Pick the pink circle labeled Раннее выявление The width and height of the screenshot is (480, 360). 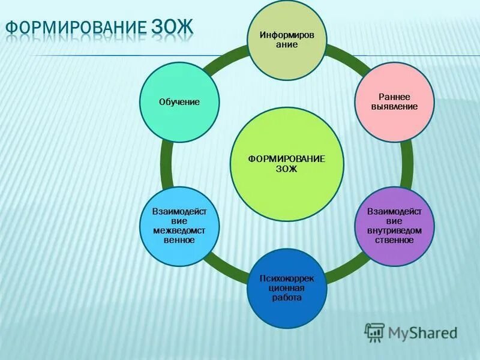point(394,102)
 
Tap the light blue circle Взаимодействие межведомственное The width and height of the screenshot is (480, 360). point(179,226)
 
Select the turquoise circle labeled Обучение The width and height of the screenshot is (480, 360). point(179,103)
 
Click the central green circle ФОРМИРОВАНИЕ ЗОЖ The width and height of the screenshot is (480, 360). point(286,164)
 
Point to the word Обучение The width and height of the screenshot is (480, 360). point(179,103)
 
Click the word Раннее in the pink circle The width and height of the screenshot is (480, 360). point(394,97)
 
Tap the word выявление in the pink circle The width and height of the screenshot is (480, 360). point(394,106)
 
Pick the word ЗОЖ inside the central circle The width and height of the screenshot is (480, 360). point(286,169)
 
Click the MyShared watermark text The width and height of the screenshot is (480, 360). point(422,332)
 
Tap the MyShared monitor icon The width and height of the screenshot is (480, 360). point(374,332)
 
